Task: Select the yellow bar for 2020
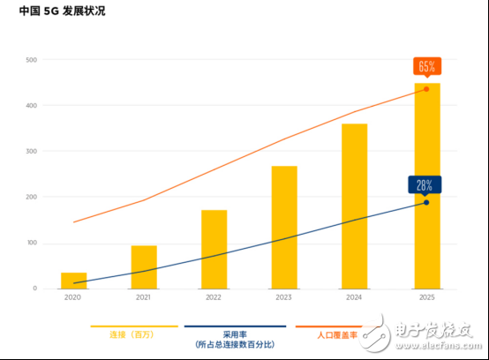73,281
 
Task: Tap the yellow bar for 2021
144,267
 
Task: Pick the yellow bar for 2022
214,250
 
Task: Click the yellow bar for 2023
284,228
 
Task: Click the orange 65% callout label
426,66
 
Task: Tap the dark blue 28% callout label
425,184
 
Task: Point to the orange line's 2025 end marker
426,89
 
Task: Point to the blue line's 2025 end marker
426,203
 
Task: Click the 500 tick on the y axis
32,60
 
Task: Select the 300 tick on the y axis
32,152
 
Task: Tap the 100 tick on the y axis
32,244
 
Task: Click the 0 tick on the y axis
35,289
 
